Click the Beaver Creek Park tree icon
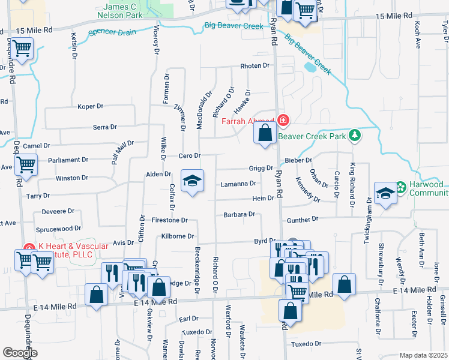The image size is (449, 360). pyautogui.click(x=355, y=135)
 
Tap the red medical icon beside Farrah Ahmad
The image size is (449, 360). pyautogui.click(x=283, y=121)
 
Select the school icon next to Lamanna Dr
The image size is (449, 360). pyautogui.click(x=192, y=182)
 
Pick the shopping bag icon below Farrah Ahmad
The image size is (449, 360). pyautogui.click(x=265, y=133)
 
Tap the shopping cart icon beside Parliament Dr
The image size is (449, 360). pyautogui.click(x=25, y=164)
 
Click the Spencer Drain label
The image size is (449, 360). pyautogui.click(x=112, y=32)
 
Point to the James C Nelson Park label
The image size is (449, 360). pyautogui.click(x=121, y=10)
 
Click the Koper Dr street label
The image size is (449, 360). pyautogui.click(x=91, y=106)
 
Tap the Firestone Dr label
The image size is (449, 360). pyautogui.click(x=170, y=221)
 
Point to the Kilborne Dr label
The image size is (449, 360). pyautogui.click(x=178, y=236)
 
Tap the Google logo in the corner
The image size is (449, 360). pyautogui.click(x=20, y=353)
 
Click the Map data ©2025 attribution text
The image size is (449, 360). pyautogui.click(x=423, y=355)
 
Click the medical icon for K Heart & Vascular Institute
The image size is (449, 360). pyautogui.click(x=28, y=247)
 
